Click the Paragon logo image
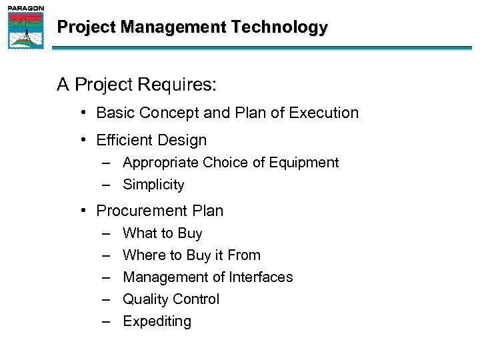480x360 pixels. (x=25, y=31)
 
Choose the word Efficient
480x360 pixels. (x=123, y=141)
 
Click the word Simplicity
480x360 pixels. (x=153, y=185)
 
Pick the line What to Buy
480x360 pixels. (x=162, y=233)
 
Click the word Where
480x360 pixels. (x=143, y=255)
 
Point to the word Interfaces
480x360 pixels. (x=261, y=277)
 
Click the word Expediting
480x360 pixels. (x=157, y=321)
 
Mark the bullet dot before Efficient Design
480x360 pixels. (x=83, y=141)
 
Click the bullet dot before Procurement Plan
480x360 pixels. (x=83, y=211)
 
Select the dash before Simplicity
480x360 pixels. (x=107, y=185)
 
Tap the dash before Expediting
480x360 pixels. (x=107, y=321)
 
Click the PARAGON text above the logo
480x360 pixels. (x=25, y=7)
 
